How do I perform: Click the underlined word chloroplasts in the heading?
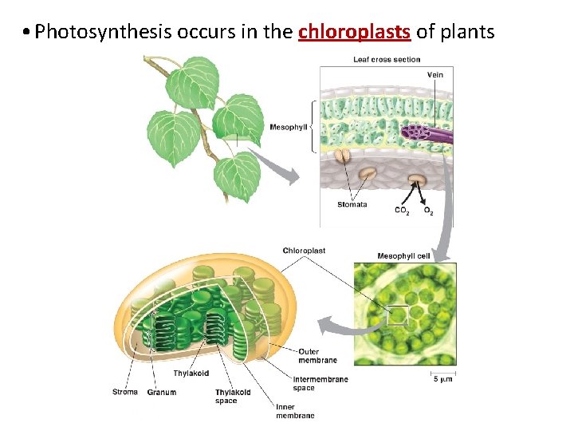(x=355, y=32)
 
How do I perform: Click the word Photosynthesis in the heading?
(x=104, y=32)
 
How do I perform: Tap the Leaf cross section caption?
(x=387, y=60)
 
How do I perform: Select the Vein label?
(x=435, y=75)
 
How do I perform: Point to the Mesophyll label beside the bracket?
(x=288, y=127)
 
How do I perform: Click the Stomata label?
(x=352, y=204)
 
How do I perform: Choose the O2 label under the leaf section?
(x=429, y=211)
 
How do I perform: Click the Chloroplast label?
(x=304, y=251)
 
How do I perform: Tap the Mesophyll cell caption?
(x=403, y=256)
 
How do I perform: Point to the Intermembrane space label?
(x=320, y=383)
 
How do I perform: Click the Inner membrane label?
(x=295, y=411)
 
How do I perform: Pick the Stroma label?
(x=125, y=392)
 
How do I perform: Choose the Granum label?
(x=162, y=393)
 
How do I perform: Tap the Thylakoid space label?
(x=232, y=396)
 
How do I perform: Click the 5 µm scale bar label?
(x=443, y=379)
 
